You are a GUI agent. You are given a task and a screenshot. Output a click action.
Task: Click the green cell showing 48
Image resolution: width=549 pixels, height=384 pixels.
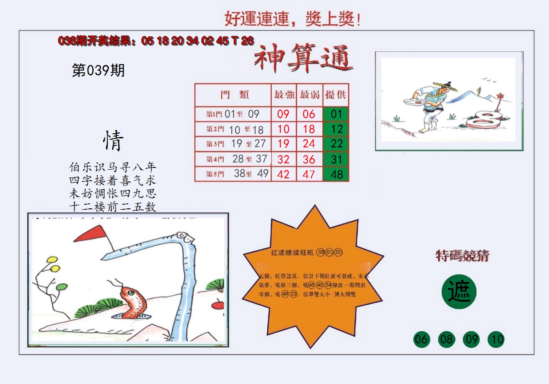coord(336,174)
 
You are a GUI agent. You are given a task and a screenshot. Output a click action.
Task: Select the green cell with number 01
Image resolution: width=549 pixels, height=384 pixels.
coord(336,114)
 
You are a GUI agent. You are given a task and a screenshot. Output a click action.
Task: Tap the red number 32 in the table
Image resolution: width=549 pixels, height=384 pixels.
coord(284,159)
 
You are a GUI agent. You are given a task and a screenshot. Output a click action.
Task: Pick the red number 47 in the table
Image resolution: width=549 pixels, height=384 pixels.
coord(309,174)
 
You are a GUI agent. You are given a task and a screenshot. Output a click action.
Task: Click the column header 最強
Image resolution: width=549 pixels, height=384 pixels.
coord(284,95)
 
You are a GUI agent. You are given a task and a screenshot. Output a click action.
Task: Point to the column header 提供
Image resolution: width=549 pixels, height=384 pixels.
coord(336,95)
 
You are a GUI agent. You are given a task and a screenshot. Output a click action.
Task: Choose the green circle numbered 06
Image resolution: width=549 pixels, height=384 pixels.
coord(421,339)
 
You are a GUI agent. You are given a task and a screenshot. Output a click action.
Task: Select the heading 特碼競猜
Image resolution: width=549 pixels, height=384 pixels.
coord(462,256)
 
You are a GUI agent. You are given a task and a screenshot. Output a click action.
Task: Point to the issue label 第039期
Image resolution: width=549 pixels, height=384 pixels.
coord(98,71)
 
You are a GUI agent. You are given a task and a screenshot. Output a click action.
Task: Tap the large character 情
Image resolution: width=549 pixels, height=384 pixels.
coord(112,141)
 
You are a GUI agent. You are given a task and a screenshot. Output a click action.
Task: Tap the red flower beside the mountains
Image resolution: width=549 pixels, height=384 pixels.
coord(500,96)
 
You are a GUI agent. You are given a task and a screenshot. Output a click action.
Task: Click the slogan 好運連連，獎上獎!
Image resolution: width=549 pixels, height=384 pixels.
coord(293,19)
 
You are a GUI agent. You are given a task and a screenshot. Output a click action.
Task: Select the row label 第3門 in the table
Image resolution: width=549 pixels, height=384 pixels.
coord(215,144)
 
